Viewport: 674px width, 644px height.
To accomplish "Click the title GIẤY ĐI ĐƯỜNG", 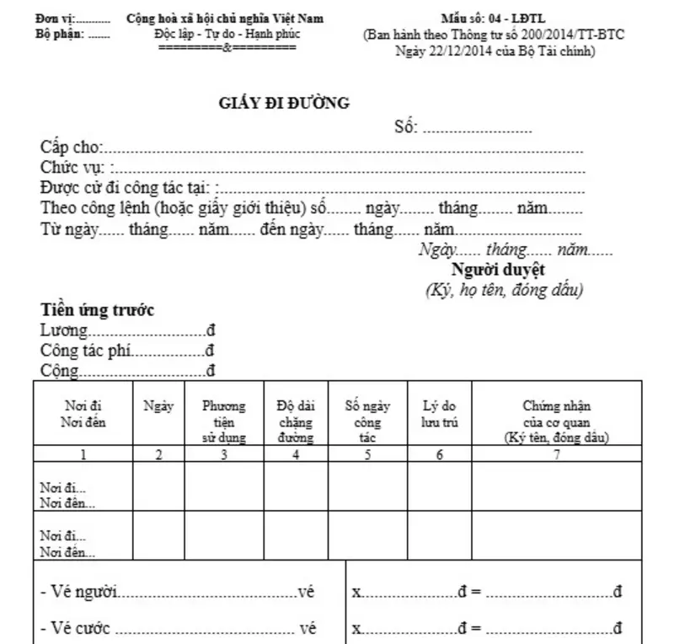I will click(x=284, y=104).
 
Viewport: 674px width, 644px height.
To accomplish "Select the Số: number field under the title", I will click(x=463, y=128).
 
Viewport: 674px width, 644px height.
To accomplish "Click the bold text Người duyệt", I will click(x=498, y=270).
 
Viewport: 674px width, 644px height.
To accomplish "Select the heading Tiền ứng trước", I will click(x=98, y=310).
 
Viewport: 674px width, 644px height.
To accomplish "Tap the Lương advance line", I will click(x=127, y=330).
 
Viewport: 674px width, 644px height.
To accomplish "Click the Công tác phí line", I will click(x=127, y=350).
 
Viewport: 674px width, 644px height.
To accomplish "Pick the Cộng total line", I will click(x=127, y=369).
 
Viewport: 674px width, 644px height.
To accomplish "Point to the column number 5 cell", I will click(x=368, y=455).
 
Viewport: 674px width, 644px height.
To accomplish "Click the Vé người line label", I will click(x=80, y=593).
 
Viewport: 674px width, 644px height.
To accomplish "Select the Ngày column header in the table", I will click(x=158, y=406).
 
